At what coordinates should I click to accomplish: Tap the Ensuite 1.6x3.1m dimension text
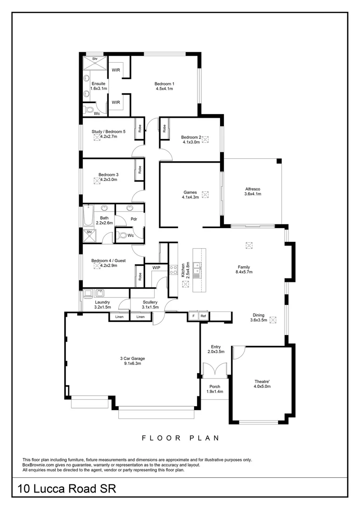pos(98,89)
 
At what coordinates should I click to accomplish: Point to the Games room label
pos(190,192)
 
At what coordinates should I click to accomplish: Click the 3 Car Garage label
pos(131,358)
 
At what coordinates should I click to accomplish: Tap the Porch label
pos(215,386)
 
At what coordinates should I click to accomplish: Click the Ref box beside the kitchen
pos(204,316)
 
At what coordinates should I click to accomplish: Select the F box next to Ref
pos(193,316)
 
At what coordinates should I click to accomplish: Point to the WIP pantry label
pos(156,268)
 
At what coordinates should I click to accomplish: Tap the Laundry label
pos(102,302)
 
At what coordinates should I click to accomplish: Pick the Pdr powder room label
pos(134,219)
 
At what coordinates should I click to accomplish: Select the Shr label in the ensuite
pos(95,59)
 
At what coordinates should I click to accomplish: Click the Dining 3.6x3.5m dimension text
pos(259,320)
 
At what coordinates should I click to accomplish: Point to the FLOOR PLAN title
pos(180,438)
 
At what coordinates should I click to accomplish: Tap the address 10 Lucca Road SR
pos(66,488)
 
